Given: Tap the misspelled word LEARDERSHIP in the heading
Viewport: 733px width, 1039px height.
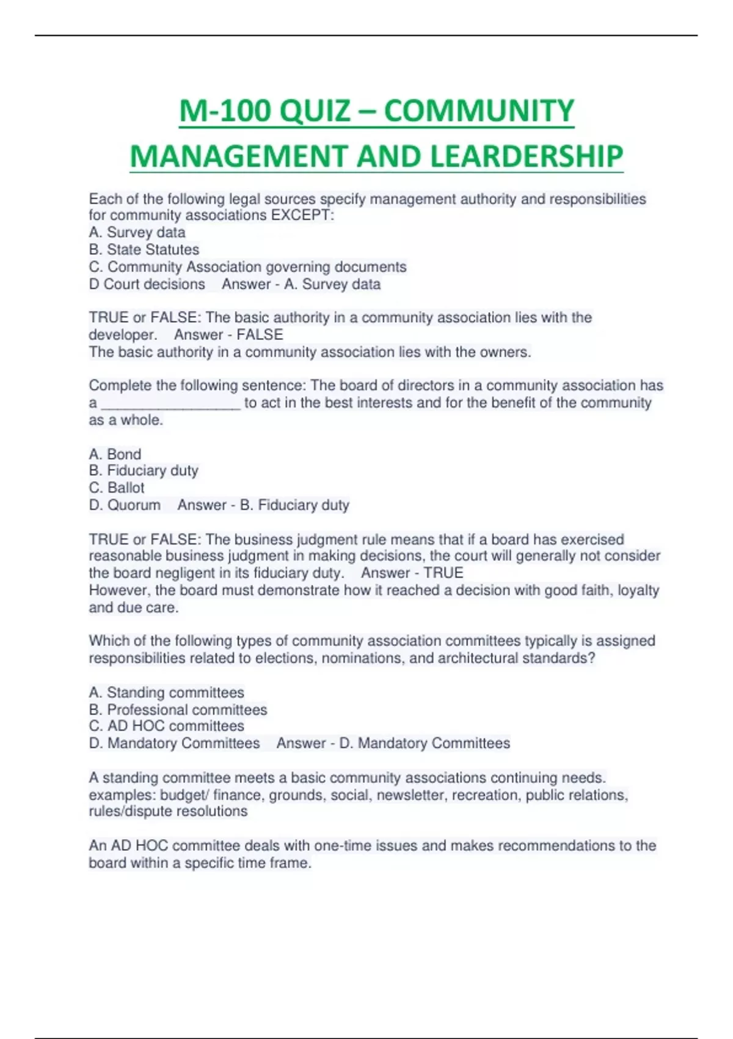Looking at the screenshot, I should click(x=527, y=156).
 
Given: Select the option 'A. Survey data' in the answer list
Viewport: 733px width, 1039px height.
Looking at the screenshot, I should click(x=137, y=232).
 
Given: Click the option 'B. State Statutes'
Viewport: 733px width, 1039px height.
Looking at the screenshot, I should click(x=144, y=249).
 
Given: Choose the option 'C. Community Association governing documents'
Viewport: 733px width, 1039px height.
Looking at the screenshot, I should click(x=247, y=267).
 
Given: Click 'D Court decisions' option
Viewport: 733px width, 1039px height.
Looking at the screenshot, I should click(x=147, y=284).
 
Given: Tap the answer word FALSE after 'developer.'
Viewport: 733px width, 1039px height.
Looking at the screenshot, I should click(x=260, y=335).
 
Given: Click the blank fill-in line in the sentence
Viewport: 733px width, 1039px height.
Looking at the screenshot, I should click(x=170, y=404).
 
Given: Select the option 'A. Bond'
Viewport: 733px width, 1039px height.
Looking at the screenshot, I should click(x=115, y=454).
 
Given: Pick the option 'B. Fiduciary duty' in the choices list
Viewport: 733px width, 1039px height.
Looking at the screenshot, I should click(x=144, y=471).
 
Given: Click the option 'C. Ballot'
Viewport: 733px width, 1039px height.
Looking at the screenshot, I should click(x=117, y=488).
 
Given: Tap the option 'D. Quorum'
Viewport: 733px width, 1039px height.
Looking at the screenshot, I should click(x=125, y=505).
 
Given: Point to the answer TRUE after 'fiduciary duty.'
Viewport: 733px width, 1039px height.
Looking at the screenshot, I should click(x=443, y=573).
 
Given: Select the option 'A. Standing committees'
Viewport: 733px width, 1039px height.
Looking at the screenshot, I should click(x=166, y=692).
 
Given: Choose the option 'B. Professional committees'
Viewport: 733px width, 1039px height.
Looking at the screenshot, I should click(x=178, y=710).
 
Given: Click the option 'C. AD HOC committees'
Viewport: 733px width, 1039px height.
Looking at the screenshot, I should click(x=166, y=726).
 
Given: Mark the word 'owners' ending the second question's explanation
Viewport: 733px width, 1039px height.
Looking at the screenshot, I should click(x=508, y=352).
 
